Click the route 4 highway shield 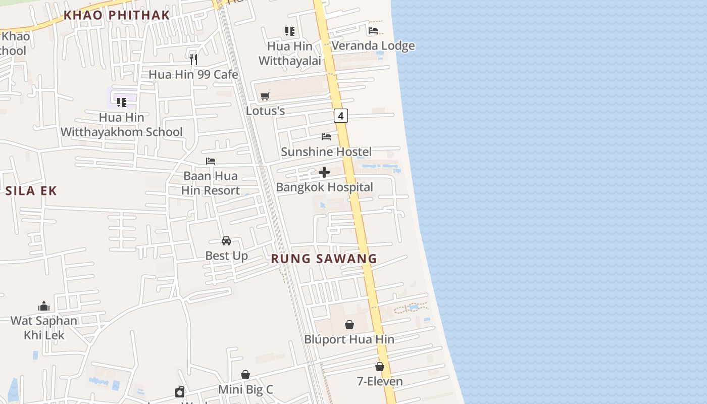point(341,116)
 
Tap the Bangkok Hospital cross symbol point(324,172)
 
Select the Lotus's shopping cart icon point(265,96)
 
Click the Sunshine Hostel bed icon point(326,137)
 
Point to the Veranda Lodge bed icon point(373,30)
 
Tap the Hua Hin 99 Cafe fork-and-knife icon point(193,60)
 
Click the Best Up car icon point(226,241)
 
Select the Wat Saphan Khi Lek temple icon point(44,306)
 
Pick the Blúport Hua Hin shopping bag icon point(349,325)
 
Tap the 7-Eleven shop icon point(380,367)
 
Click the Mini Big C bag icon point(245,375)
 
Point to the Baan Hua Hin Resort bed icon point(211,161)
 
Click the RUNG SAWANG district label point(324,259)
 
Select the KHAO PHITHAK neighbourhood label point(116,15)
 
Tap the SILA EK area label point(31,191)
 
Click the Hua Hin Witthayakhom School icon point(121,103)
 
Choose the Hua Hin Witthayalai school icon point(289,31)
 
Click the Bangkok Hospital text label point(324,187)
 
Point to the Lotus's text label point(265,111)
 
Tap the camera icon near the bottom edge point(180,392)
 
